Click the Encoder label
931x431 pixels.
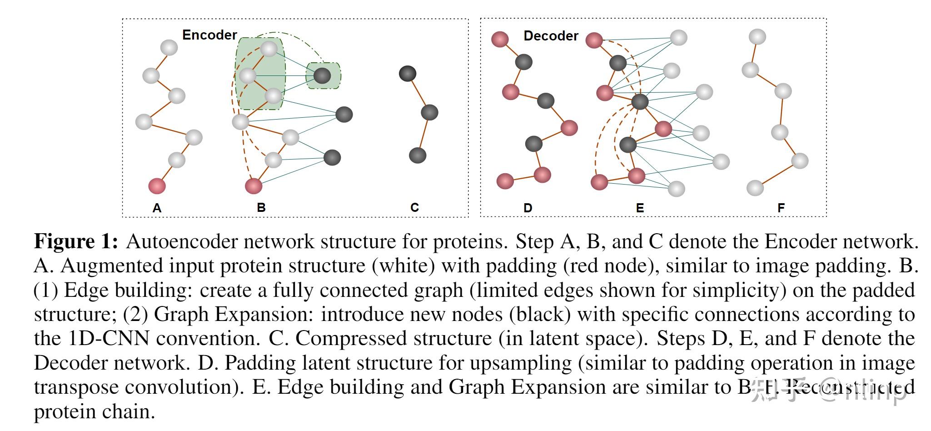click(x=209, y=35)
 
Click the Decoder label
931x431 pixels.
click(x=551, y=36)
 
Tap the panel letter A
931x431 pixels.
click(x=157, y=208)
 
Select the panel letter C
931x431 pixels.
click(x=414, y=208)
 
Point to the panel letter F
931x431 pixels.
click(x=781, y=208)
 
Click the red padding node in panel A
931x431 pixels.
click(x=157, y=185)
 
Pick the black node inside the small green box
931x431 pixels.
click(x=322, y=75)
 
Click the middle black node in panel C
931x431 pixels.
click(x=429, y=112)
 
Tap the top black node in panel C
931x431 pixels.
click(x=407, y=73)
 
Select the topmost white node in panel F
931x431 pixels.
click(x=757, y=36)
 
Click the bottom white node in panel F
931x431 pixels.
click(x=755, y=188)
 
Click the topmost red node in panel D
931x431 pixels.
click(x=500, y=39)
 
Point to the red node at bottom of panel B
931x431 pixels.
click(x=254, y=185)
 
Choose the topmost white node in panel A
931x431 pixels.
click(x=169, y=47)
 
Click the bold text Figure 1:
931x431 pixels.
click(x=76, y=241)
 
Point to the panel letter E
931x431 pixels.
click(x=640, y=208)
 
